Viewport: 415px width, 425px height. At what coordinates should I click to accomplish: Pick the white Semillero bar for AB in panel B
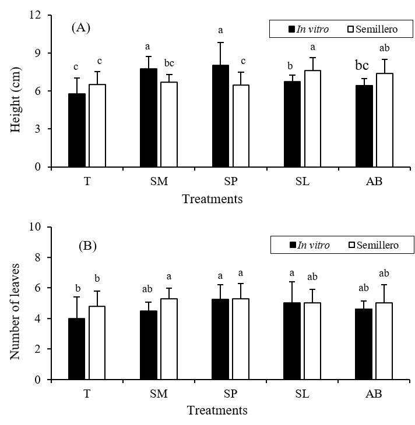tap(384, 341)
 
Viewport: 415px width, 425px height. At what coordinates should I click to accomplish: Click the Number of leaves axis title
tap(16, 303)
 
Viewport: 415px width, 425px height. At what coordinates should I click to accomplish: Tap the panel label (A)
tap(81, 27)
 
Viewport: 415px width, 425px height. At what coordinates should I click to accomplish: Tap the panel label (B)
tap(87, 246)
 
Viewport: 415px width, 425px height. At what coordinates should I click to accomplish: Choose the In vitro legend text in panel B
tap(314, 245)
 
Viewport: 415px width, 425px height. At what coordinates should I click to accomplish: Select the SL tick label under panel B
tap(301, 394)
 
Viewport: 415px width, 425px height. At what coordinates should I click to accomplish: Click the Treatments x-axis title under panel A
tap(212, 199)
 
